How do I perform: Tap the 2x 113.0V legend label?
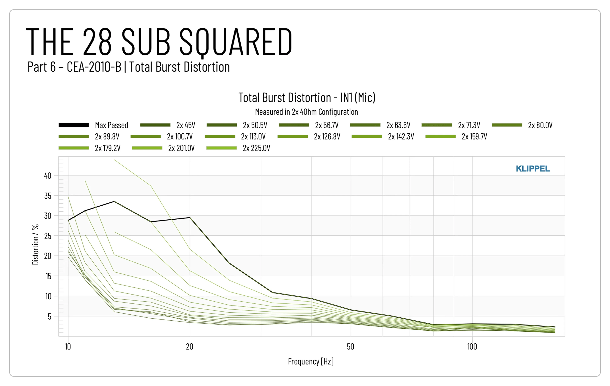[253, 137]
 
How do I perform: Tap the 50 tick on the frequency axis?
[350, 347]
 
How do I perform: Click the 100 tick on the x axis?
[472, 347]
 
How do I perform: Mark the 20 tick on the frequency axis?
[189, 347]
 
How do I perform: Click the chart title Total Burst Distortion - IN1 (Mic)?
[307, 98]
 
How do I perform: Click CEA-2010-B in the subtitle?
[94, 67]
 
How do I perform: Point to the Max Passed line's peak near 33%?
[114, 201]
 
